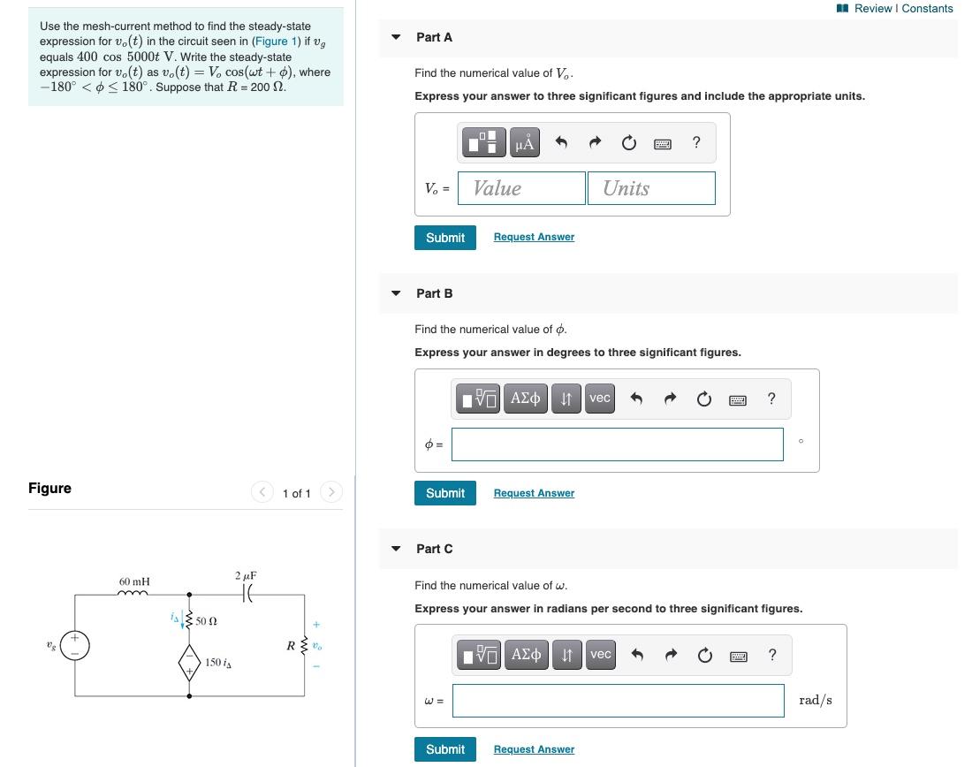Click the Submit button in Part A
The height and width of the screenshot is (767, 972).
point(444,238)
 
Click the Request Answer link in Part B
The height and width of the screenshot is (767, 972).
point(534,493)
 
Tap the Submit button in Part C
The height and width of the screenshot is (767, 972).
point(444,749)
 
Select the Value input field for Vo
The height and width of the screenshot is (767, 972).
point(521,188)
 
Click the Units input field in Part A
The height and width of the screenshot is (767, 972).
point(650,188)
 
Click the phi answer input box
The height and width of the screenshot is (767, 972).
point(617,444)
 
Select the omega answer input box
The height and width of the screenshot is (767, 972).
point(617,701)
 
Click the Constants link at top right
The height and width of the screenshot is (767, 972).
point(927,9)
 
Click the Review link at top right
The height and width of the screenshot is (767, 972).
point(873,9)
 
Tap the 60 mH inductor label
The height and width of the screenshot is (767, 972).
point(134,581)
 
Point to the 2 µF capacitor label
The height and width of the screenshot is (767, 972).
point(246,576)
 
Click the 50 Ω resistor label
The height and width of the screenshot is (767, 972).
point(206,622)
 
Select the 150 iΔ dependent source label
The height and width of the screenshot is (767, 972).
point(217,662)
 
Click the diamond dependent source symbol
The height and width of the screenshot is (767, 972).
point(188,662)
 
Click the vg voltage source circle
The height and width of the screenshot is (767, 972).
point(75,646)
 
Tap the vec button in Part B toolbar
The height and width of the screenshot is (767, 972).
point(600,399)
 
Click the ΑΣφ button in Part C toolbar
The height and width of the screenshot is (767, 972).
point(526,655)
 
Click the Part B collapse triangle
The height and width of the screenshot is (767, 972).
point(396,293)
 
